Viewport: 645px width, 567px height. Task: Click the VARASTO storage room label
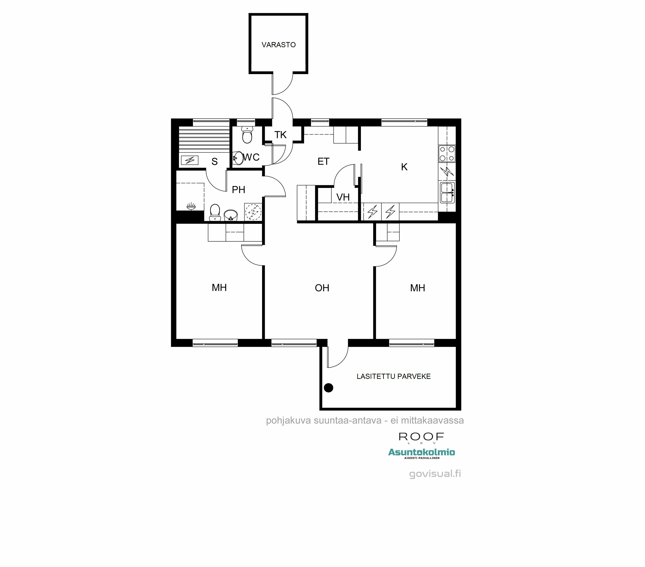click(278, 45)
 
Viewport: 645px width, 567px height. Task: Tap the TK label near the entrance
click(280, 135)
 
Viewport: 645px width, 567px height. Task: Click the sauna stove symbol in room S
click(190, 160)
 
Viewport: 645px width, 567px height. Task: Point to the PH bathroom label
click(238, 190)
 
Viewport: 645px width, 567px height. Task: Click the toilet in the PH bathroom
click(215, 212)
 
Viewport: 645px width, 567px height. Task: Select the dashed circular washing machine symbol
click(253, 212)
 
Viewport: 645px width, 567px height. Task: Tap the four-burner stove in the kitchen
click(447, 154)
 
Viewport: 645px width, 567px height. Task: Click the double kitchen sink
click(447, 193)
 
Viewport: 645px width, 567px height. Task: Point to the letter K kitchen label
click(404, 167)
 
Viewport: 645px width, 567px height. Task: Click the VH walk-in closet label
click(343, 197)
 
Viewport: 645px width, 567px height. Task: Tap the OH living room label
click(322, 288)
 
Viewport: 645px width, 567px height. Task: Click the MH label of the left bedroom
click(219, 287)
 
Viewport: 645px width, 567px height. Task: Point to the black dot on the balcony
click(329, 388)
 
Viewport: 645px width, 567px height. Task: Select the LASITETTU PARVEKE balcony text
click(393, 376)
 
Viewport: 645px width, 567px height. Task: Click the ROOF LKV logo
click(421, 438)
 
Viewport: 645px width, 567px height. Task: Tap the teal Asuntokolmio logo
click(421, 453)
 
